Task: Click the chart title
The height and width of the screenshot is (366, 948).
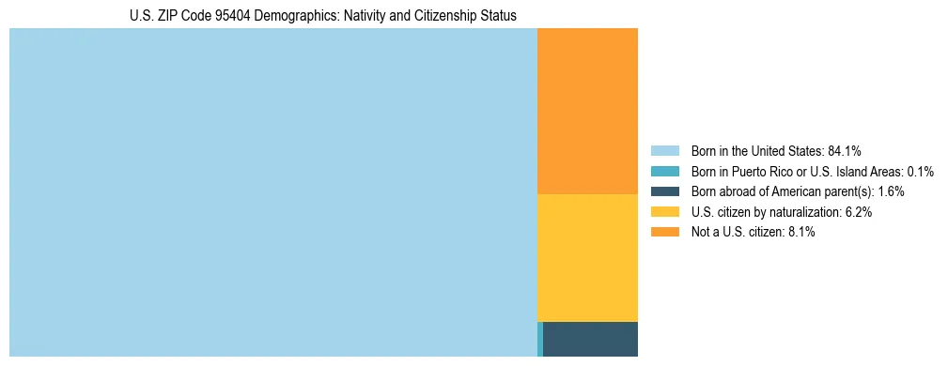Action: pyautogui.click(x=322, y=16)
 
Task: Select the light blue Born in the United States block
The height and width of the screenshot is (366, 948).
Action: pyautogui.click(x=272, y=192)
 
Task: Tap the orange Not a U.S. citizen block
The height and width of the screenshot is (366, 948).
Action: pyautogui.click(x=587, y=111)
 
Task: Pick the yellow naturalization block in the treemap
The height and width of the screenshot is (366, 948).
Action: pyautogui.click(x=587, y=257)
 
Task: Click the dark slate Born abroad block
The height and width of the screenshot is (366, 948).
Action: pyautogui.click(x=590, y=339)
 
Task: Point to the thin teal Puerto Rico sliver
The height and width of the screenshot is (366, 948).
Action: pyautogui.click(x=540, y=339)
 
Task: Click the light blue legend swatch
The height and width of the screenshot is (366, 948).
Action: pyautogui.click(x=664, y=150)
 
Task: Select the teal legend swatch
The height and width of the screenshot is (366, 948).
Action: pyautogui.click(x=664, y=171)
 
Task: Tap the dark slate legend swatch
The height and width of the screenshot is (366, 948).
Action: pyautogui.click(x=664, y=191)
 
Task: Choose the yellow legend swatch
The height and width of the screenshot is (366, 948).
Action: pyautogui.click(x=664, y=212)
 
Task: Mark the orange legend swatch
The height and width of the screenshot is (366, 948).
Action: pyautogui.click(x=664, y=233)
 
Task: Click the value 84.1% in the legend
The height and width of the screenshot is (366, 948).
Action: pyautogui.click(x=845, y=150)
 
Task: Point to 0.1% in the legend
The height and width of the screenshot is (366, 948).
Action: pyautogui.click(x=919, y=171)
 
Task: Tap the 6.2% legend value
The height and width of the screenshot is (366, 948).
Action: pyautogui.click(x=858, y=212)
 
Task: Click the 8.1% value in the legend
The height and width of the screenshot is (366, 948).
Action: pyautogui.click(x=800, y=233)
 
